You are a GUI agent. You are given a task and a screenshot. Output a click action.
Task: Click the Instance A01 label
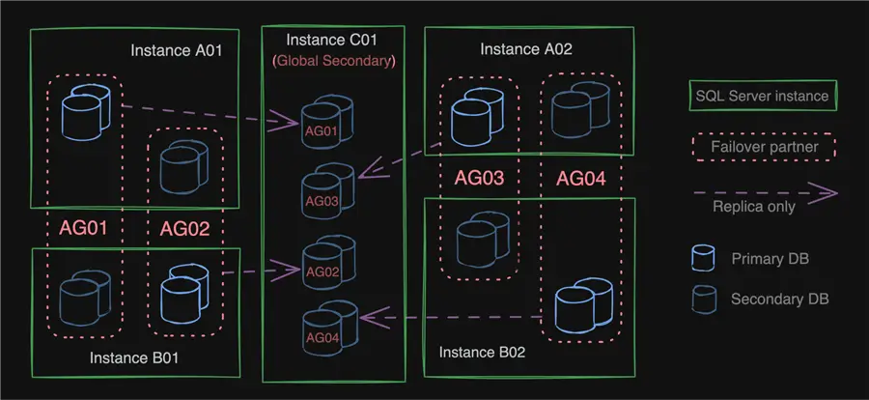tap(177, 50)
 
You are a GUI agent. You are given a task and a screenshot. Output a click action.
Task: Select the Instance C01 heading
tap(332, 40)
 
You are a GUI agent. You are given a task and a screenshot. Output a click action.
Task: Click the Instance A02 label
tap(526, 48)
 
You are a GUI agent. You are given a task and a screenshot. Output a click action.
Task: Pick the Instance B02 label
tap(482, 352)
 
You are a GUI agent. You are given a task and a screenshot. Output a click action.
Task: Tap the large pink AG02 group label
tap(184, 229)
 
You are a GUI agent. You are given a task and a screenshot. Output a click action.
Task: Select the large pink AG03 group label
tap(480, 179)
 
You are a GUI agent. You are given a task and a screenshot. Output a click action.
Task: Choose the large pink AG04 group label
tap(579, 179)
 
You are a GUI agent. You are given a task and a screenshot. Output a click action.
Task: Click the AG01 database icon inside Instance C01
tap(323, 123)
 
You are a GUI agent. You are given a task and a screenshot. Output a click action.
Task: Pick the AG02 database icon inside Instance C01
tap(323, 262)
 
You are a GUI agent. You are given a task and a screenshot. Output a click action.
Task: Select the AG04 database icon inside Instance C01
tap(323, 327)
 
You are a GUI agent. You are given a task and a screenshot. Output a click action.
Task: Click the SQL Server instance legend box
tap(762, 96)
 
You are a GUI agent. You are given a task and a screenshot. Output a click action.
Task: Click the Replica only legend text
tap(754, 206)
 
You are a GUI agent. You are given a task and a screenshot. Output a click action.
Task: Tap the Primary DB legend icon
tap(704, 258)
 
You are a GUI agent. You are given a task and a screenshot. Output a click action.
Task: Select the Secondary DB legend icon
tap(704, 299)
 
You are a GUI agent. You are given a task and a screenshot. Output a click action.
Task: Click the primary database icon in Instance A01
tap(87, 110)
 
